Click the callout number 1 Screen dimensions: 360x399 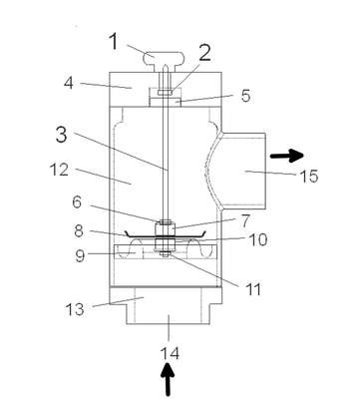[114, 42]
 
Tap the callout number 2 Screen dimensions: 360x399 [204, 53]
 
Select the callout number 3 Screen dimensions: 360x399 [61, 135]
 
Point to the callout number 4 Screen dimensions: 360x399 [69, 83]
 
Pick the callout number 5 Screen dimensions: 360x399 [245, 96]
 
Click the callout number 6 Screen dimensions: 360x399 [77, 202]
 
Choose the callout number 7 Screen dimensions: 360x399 [245, 221]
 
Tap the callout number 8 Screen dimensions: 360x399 [79, 230]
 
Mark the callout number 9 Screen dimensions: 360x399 [80, 256]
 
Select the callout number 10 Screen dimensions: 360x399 [258, 239]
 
